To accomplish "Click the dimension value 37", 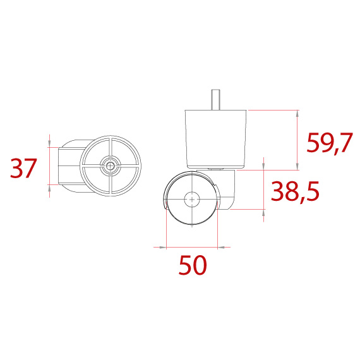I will click(x=24, y=168).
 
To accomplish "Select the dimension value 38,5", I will click(x=295, y=191).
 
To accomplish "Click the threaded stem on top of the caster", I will click(x=215, y=99).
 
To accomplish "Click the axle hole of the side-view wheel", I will click(x=191, y=199).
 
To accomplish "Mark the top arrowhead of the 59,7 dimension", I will click(x=297, y=113).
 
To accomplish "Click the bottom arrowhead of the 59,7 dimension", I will click(x=297, y=166).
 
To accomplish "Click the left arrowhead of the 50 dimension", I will click(x=168, y=246).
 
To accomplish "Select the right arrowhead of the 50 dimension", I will click(x=214, y=246).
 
